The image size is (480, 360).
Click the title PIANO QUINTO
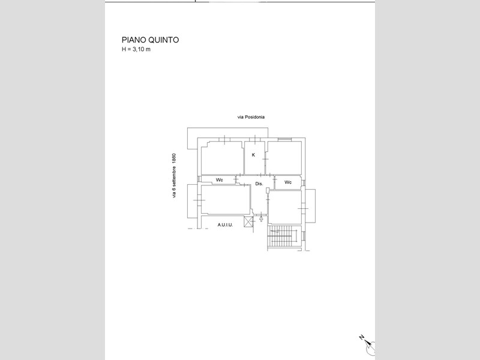coord(150,40)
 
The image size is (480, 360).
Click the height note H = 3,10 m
coord(136,49)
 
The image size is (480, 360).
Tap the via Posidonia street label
coord(251,117)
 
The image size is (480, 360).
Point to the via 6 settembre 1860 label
coord(174,176)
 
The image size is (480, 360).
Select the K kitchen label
coord(253,155)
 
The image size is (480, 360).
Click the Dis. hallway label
coord(259,184)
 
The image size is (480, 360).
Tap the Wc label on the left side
coord(219,179)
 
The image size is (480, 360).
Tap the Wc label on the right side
coord(288,182)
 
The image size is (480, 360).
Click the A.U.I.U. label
coord(226,224)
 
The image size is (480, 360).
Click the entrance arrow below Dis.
coord(261,218)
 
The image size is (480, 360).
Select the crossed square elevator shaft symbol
coord(248,221)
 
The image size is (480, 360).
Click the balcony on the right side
coord(310,206)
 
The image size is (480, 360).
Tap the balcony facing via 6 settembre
coord(193,201)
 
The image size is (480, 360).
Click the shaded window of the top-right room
coord(284,140)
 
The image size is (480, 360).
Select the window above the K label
coord(254,139)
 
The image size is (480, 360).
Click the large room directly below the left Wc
coord(226,200)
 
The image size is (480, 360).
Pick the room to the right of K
coord(283,158)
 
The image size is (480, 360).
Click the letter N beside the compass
coord(362,337)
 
